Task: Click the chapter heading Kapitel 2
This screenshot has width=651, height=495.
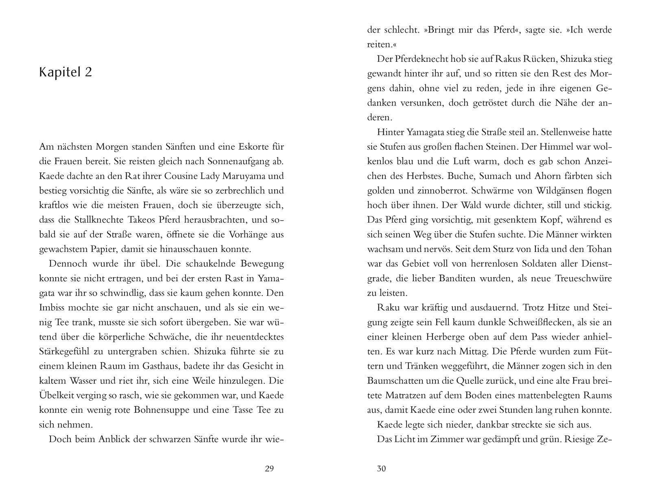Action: pyautogui.click(x=66, y=72)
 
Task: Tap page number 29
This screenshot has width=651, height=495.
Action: pyautogui.click(x=269, y=469)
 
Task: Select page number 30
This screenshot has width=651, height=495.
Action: pyautogui.click(x=381, y=469)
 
